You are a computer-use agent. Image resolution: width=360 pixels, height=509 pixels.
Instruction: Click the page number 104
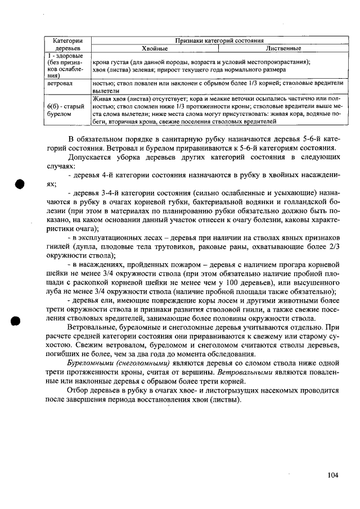(332, 475)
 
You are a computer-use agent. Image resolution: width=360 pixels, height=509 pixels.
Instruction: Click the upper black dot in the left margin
(21, 185)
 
